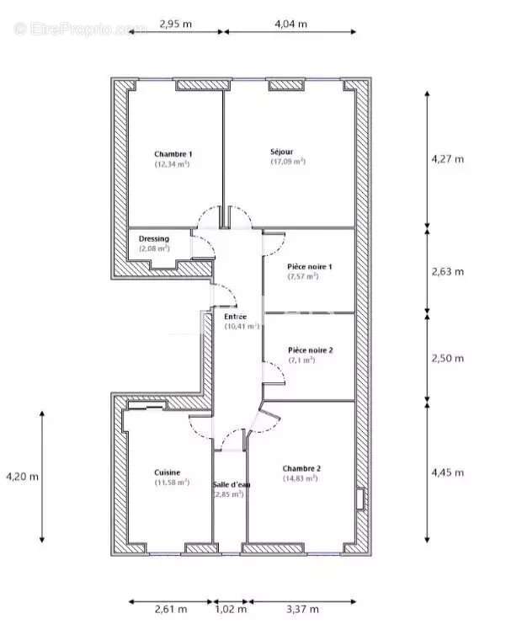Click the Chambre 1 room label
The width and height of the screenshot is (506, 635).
(173, 154)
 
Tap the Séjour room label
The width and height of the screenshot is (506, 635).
(282, 152)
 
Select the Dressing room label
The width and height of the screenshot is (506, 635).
(154, 239)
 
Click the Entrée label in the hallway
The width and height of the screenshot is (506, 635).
(236, 316)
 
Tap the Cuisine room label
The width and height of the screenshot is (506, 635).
(167, 473)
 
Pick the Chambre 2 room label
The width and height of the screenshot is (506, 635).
(301, 468)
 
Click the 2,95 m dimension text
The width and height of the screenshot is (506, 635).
(175, 24)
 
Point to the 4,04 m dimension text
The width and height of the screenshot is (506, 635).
(290, 24)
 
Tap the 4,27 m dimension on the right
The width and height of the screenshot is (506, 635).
(447, 158)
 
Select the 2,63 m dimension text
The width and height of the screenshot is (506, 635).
(447, 271)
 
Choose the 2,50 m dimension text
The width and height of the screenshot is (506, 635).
(447, 358)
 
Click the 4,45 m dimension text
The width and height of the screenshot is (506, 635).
(447, 472)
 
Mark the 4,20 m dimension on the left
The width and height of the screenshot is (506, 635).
(22, 477)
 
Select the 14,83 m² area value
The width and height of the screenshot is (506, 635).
(301, 478)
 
